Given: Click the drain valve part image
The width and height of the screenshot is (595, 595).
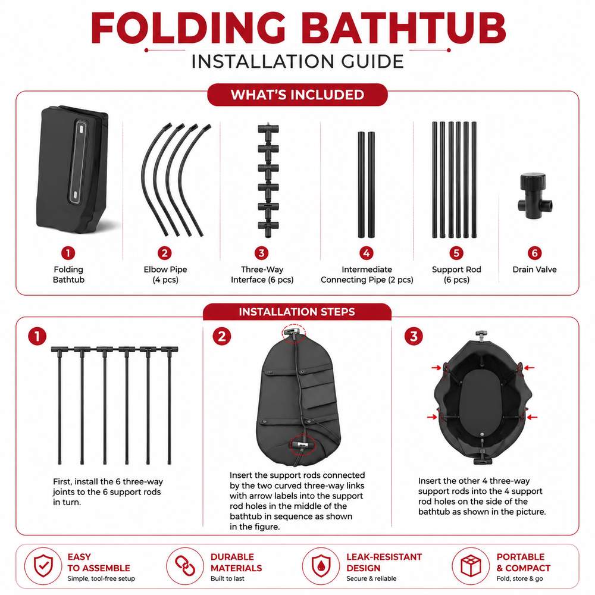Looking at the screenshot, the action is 535,196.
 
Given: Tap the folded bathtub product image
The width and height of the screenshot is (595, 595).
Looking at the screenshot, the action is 73,169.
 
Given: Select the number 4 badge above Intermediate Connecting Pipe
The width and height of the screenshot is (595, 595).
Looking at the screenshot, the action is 366,253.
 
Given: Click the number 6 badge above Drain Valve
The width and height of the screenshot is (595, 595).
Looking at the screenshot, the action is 534,253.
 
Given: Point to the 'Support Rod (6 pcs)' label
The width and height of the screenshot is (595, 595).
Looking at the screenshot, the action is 456,274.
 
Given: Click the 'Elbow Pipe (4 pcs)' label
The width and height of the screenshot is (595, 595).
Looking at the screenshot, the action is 165,274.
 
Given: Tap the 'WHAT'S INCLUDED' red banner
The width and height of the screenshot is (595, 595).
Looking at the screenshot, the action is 297,95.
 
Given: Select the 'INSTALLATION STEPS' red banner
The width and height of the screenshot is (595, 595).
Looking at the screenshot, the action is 297,312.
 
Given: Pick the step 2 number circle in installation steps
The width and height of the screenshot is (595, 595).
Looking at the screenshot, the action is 221,337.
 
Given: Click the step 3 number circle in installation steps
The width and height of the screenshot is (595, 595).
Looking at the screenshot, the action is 414,337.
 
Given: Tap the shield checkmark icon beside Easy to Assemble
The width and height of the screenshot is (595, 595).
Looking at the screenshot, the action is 43,566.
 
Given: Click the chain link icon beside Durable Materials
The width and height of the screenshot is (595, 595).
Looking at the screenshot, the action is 185,566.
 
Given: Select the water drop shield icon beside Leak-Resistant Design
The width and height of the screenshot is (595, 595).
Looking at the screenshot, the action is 321,566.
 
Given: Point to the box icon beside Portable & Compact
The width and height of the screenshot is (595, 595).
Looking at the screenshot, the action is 471,566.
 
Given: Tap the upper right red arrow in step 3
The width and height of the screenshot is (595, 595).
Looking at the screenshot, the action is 530,368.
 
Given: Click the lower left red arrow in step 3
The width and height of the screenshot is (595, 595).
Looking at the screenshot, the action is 432,417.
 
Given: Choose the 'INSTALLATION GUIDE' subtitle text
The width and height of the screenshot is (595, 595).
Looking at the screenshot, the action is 297,62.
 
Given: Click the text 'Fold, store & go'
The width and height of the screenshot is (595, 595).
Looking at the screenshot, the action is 519,579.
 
